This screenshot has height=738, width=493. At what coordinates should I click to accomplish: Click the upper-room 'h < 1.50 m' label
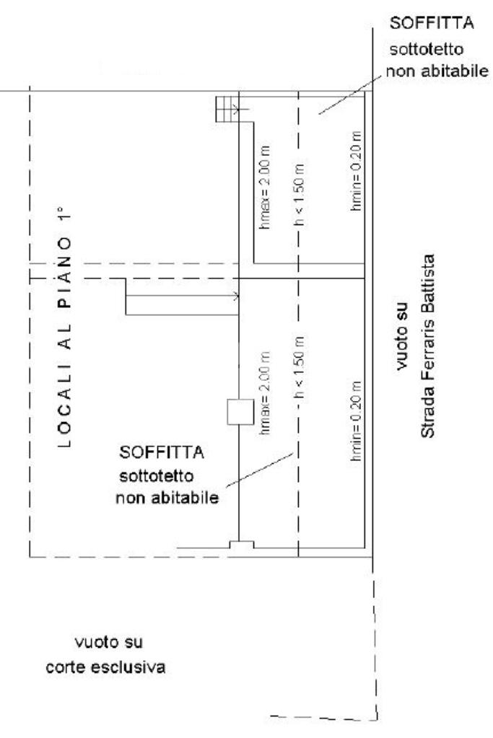tap(301, 196)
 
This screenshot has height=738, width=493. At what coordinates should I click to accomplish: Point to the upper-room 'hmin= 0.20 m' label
tap(355, 171)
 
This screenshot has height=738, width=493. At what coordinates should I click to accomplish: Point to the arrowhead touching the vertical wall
tap(236, 296)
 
